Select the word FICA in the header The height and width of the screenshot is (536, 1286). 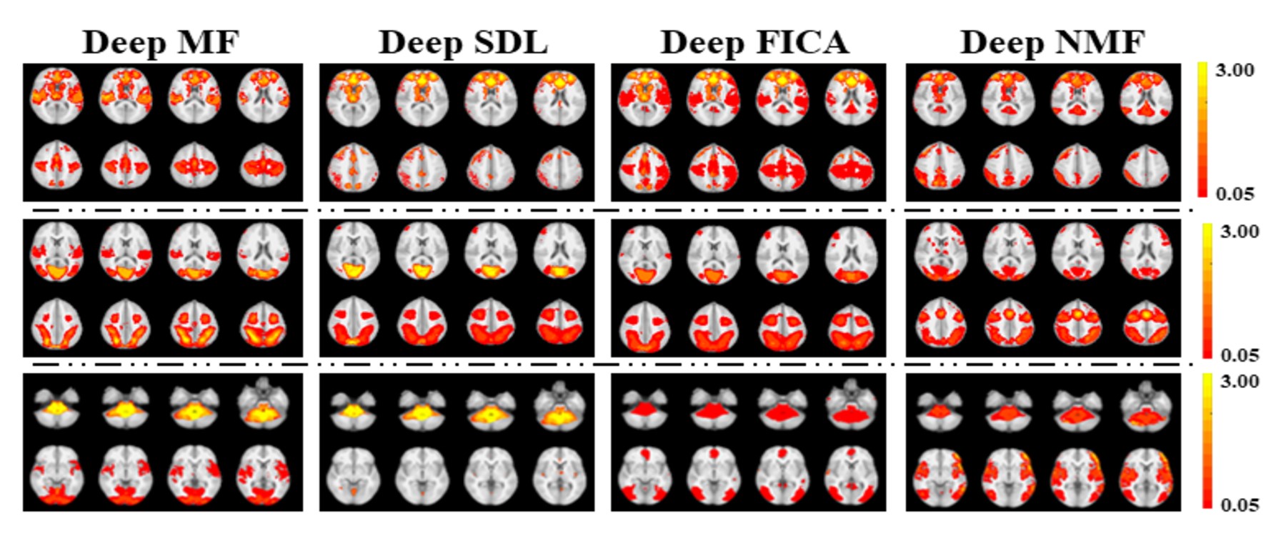pos(806,43)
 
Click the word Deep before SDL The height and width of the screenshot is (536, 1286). pos(421,43)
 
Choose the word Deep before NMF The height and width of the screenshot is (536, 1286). pos(1002,43)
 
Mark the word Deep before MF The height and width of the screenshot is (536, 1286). pos(124,43)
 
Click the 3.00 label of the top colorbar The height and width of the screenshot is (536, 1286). pos(1235,70)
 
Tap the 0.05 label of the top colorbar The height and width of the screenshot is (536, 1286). pos(1235,194)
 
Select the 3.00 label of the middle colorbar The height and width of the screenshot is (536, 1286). pos(1240,232)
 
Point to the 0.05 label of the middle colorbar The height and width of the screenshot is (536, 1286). pos(1240,355)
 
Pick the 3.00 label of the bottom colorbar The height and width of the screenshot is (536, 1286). pos(1240,381)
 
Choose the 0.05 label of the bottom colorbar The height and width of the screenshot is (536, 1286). pos(1240,505)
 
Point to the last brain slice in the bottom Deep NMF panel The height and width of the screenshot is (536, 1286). pos(1146,476)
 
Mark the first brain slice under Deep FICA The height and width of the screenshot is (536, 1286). pos(645,96)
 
